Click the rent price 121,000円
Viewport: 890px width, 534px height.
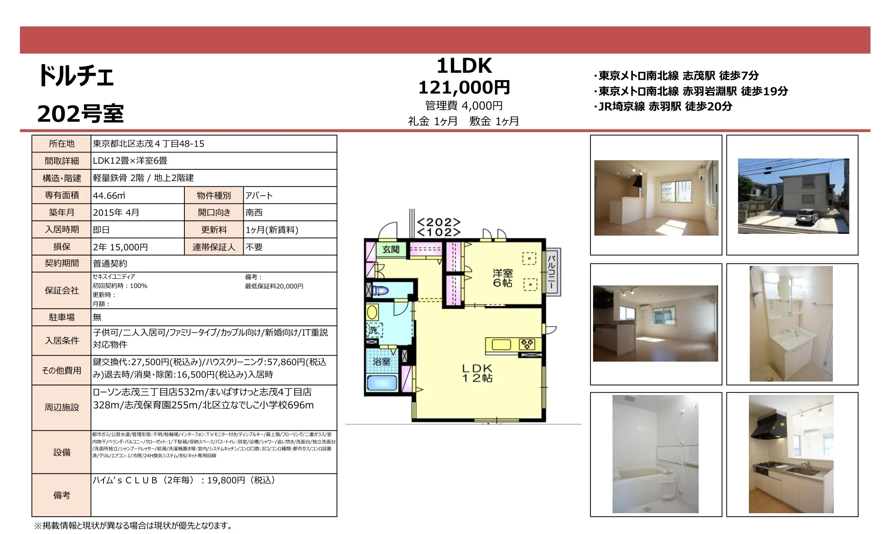pos(464,87)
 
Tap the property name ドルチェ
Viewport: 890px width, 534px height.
pos(76,76)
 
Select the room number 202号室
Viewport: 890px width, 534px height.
pos(81,114)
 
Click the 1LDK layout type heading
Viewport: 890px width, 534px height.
pos(464,66)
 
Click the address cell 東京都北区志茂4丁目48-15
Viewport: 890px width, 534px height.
pos(214,144)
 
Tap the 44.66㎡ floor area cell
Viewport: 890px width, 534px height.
pos(138,195)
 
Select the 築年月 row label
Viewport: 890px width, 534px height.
pos(61,213)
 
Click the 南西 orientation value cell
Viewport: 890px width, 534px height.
pos(290,213)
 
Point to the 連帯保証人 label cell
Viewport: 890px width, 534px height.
pos(214,247)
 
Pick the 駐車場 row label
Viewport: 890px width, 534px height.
pos(61,317)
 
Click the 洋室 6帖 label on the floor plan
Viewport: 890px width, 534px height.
pos(503,278)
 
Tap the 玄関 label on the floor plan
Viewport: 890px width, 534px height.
pos(391,249)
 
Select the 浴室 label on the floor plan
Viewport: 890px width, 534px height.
pos(381,362)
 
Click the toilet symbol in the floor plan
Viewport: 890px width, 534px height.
pos(380,290)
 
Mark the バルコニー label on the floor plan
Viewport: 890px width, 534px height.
pos(552,272)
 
